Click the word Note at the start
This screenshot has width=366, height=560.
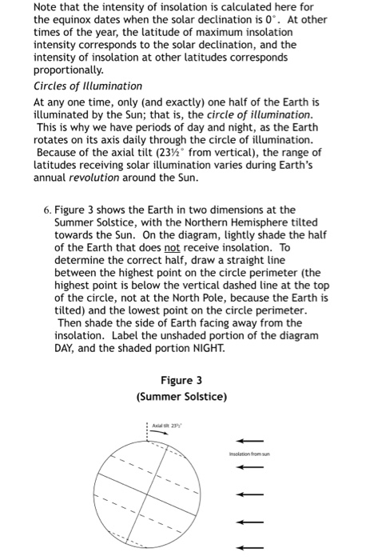pos(46,8)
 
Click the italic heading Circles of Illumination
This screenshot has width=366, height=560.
pos(88,86)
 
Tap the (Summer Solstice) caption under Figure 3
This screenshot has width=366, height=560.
pos(181,397)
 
